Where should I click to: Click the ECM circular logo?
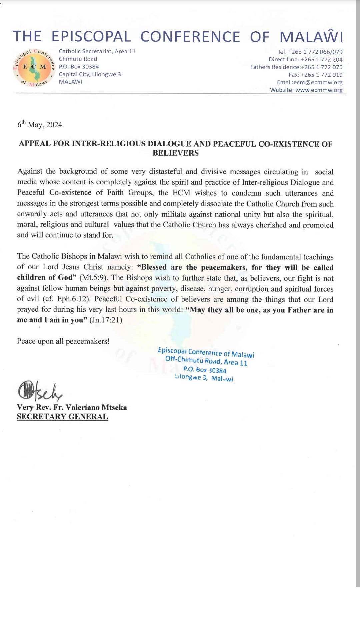[34, 67]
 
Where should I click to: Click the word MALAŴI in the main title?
[311, 37]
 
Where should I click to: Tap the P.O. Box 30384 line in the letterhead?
[79, 67]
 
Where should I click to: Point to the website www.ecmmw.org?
[319, 90]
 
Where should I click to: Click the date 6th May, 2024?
[40, 125]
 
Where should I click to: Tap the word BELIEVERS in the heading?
[176, 153]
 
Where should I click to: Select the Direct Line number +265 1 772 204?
[321, 60]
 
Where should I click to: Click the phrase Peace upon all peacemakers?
[63, 341]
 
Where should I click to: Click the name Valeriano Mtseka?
[96, 407]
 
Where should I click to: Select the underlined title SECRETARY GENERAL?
[62, 417]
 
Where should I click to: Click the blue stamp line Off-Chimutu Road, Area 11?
[206, 361]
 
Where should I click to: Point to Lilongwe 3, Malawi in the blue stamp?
[204, 377]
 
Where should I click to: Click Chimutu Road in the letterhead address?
[78, 59]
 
